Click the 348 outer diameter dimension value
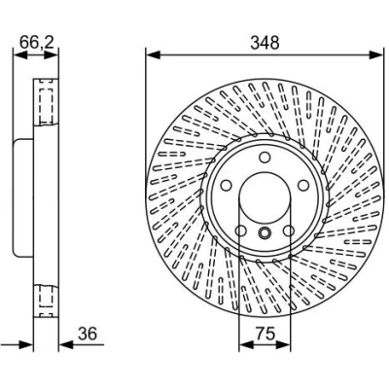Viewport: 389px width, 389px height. click(265, 43)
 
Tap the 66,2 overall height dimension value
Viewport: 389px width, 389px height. click(36, 42)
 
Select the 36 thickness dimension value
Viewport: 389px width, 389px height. click(88, 334)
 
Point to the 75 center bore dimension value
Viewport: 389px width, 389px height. click(265, 334)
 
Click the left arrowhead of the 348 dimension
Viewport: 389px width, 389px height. click(153, 54)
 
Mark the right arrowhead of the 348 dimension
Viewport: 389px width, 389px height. click(375, 54)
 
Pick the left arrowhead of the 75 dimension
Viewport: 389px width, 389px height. click(246, 345)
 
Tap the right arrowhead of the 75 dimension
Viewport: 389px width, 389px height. click(283, 345)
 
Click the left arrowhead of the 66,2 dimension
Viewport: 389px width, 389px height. click(20, 54)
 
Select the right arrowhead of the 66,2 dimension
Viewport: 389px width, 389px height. click(52, 54)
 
